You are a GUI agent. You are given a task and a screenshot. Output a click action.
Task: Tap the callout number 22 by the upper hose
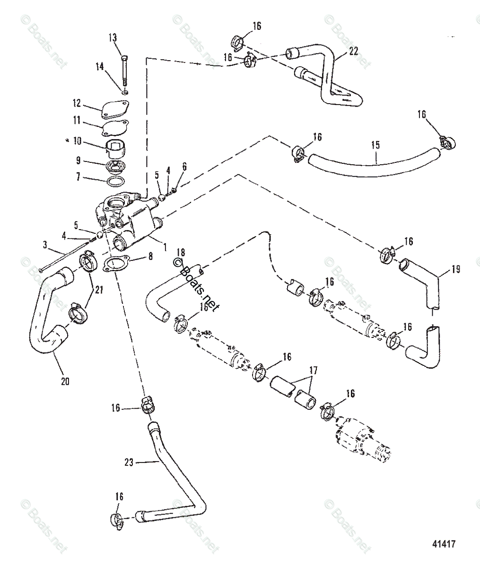[x=353, y=51]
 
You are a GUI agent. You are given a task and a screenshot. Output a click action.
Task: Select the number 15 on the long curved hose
[x=375, y=145]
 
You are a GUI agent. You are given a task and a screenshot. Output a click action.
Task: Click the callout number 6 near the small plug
[x=184, y=166]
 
